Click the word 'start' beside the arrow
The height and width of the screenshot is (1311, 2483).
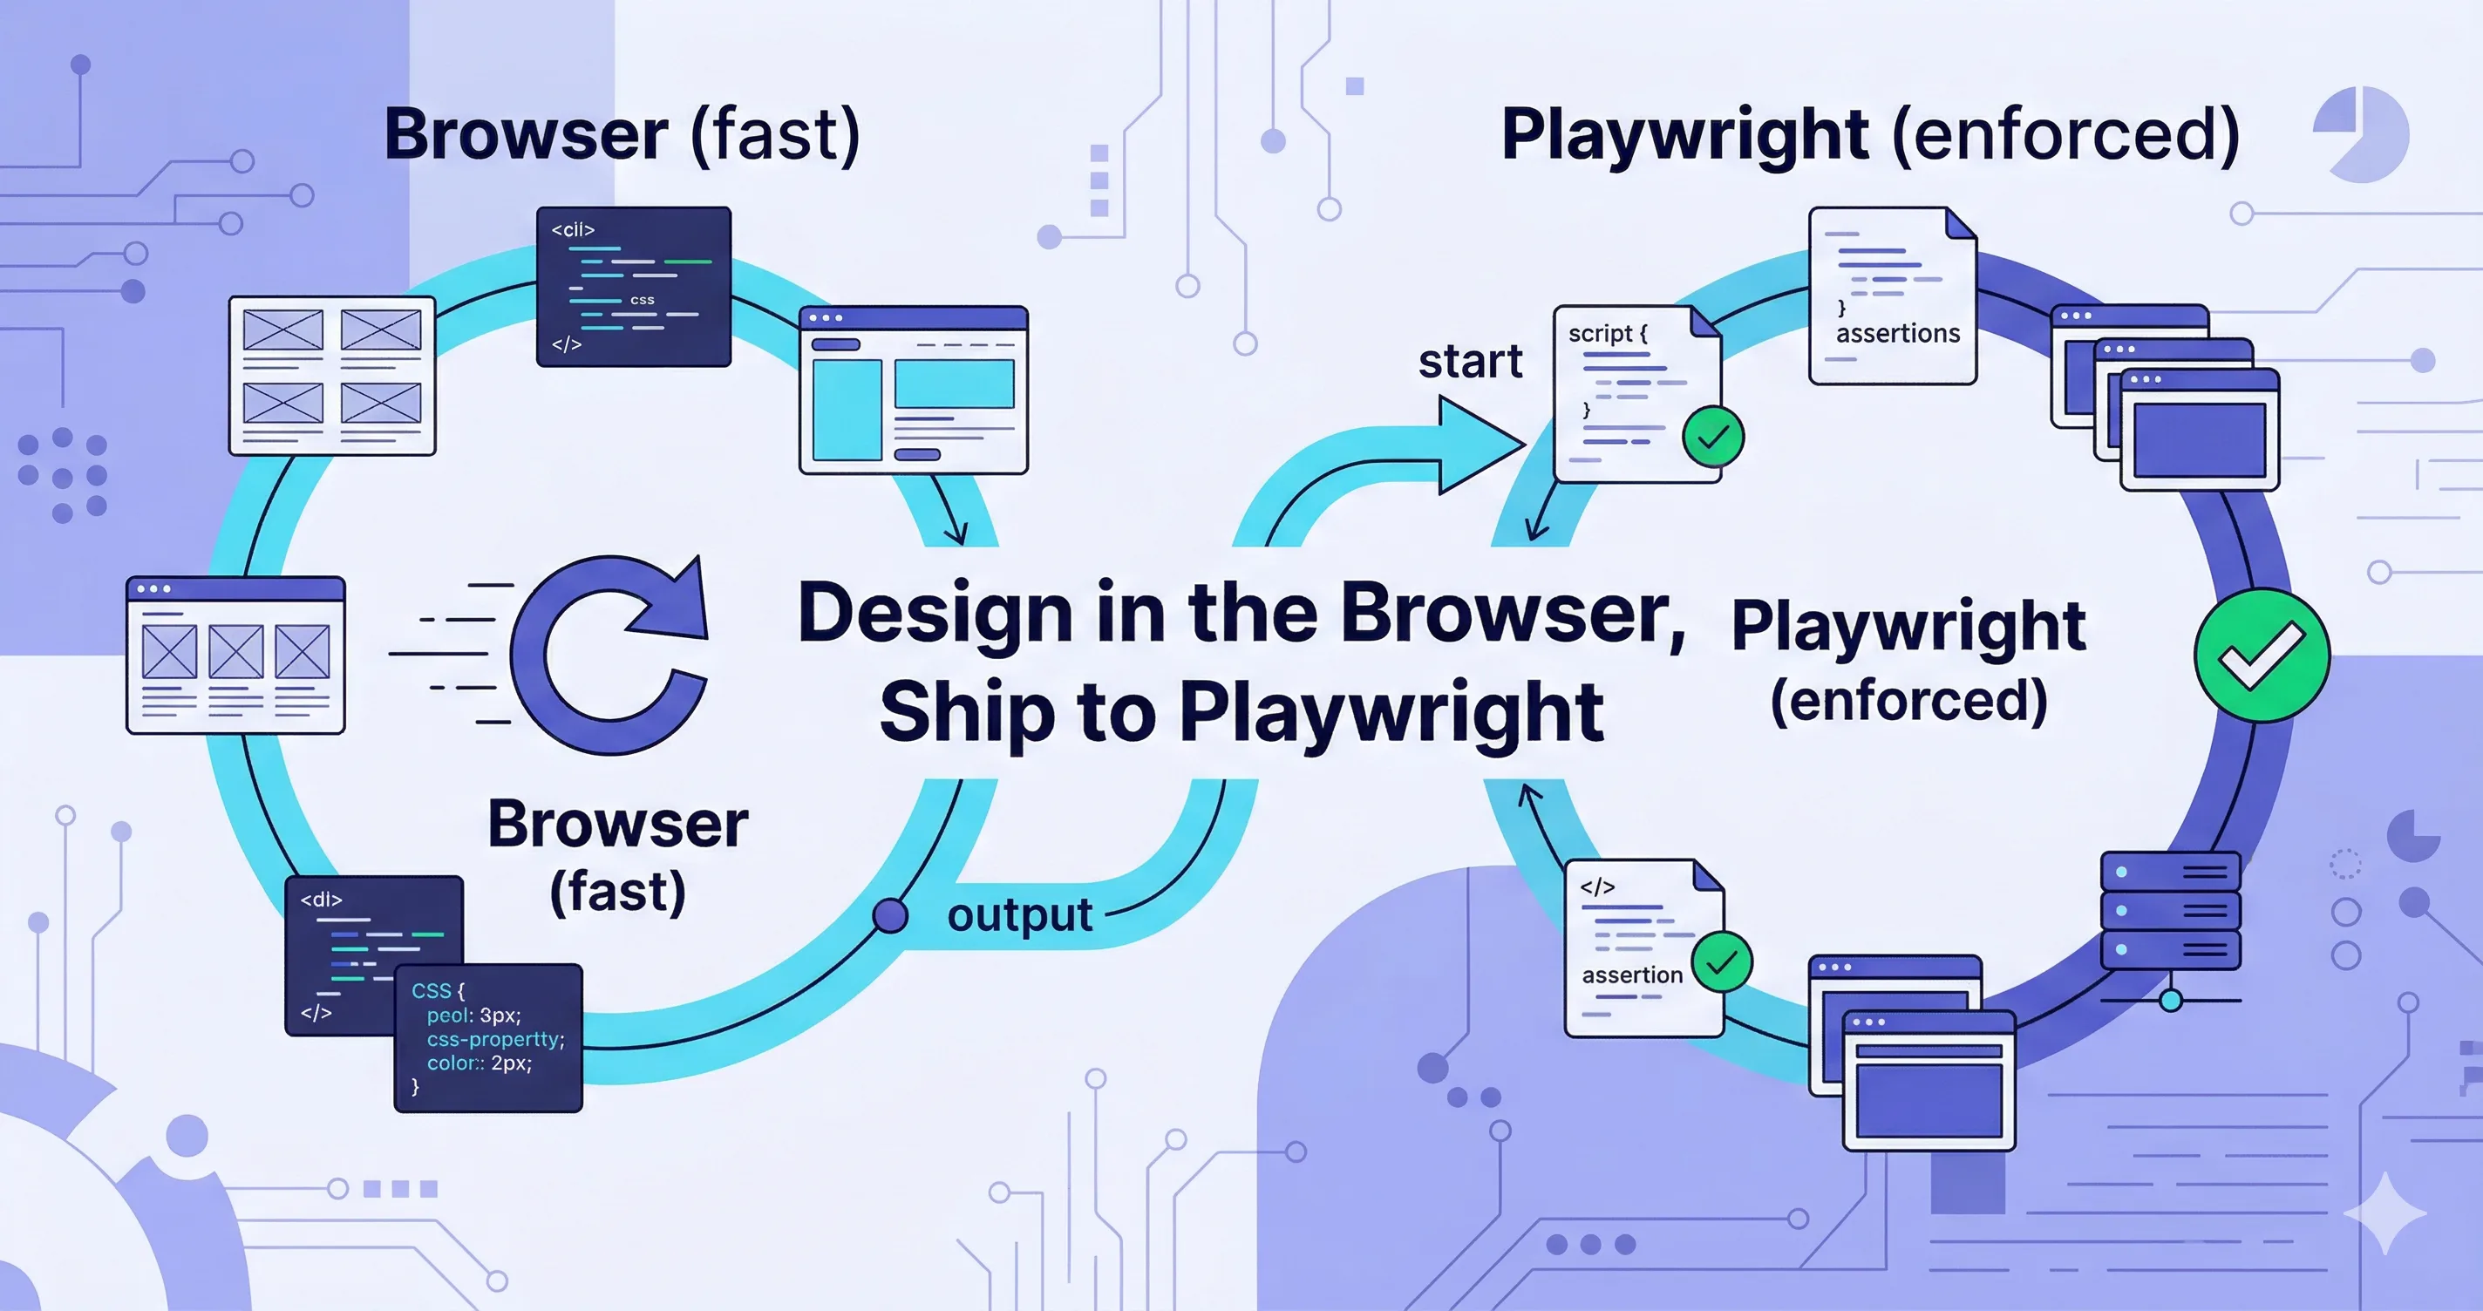pyautogui.click(x=1470, y=363)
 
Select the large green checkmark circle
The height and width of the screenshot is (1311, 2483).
pyautogui.click(x=2262, y=655)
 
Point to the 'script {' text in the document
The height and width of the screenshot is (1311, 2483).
pyautogui.click(x=1608, y=334)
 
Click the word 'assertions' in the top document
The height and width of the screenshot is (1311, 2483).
pyautogui.click(x=1897, y=334)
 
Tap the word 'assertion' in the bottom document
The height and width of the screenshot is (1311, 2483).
pyautogui.click(x=1632, y=975)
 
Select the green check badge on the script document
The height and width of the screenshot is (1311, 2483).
pyautogui.click(x=1713, y=438)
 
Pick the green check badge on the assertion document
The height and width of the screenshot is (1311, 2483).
pyautogui.click(x=1722, y=962)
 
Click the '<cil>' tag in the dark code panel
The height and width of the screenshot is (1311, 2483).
pyautogui.click(x=573, y=230)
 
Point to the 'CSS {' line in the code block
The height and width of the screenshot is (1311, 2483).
pyautogui.click(x=438, y=991)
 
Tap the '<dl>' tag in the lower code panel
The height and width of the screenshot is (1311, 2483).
pyautogui.click(x=321, y=900)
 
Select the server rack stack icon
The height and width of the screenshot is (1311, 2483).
pyautogui.click(x=2171, y=911)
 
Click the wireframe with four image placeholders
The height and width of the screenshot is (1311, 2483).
pyautogui.click(x=331, y=376)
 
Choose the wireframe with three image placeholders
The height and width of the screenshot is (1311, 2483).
pyautogui.click(x=235, y=655)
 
